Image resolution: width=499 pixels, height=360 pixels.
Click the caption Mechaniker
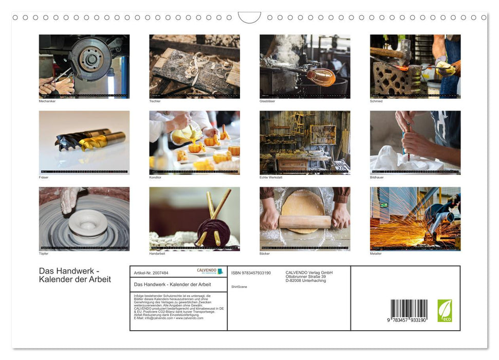(47, 101)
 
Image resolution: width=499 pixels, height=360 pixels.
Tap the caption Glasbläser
(268, 101)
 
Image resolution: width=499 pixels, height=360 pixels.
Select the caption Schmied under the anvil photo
(376, 101)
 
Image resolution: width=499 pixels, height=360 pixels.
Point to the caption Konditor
(155, 177)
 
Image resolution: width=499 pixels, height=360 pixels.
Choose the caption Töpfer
(44, 254)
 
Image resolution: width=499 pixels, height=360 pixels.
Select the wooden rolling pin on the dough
(305, 222)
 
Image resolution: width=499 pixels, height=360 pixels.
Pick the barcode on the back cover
(409, 310)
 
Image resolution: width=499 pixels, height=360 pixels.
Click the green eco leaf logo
(445, 311)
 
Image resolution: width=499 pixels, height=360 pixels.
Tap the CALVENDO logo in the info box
(210, 271)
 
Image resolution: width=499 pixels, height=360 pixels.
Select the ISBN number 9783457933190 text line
(251, 273)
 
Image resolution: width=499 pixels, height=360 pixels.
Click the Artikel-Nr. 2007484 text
(151, 273)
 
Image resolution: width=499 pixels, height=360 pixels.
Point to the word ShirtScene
(239, 287)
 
